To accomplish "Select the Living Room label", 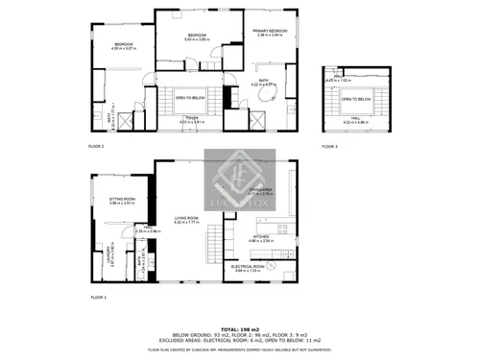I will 186,218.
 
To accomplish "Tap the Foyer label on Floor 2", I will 193,118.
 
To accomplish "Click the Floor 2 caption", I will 97,146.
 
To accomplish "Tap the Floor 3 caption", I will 329,146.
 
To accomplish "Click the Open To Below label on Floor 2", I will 193,97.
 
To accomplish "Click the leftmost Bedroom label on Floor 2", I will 124,45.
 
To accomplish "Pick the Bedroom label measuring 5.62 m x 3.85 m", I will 198,36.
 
